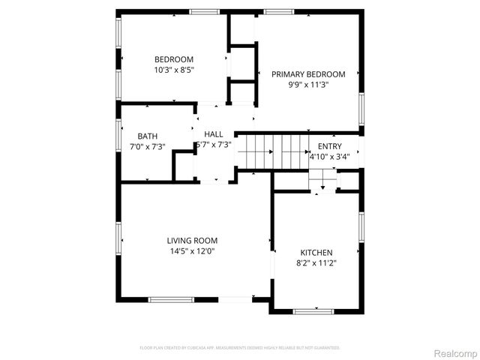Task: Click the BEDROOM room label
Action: click(174, 60)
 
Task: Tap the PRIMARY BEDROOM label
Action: click(308, 74)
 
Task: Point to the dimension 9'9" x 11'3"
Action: click(308, 85)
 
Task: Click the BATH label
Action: click(147, 136)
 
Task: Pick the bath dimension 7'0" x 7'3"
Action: click(147, 146)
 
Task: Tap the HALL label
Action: click(214, 133)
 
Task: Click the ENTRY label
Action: click(329, 146)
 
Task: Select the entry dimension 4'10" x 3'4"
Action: click(329, 157)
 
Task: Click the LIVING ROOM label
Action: click(192, 241)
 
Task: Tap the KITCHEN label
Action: click(316, 253)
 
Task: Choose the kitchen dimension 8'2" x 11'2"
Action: click(316, 263)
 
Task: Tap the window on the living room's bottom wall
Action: click(171, 300)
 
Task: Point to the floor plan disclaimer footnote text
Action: click(240, 348)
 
